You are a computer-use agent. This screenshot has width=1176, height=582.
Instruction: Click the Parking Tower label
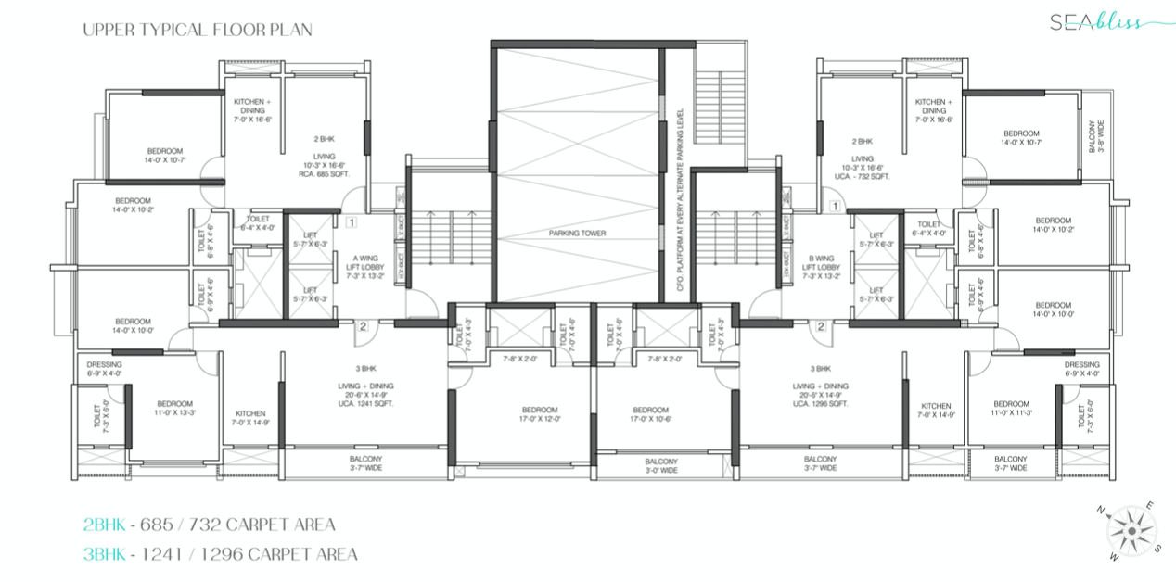tap(577, 234)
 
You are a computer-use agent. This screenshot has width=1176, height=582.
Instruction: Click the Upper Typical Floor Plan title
tap(197, 30)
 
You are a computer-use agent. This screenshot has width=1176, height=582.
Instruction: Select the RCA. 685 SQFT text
tap(322, 173)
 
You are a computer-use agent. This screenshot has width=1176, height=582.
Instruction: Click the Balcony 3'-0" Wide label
tap(660, 466)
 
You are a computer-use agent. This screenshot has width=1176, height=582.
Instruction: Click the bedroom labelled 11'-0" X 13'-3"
tap(174, 409)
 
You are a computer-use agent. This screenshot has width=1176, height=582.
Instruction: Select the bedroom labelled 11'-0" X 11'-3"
tap(1010, 409)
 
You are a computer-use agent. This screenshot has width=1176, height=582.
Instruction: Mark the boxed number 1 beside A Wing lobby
tap(352, 221)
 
